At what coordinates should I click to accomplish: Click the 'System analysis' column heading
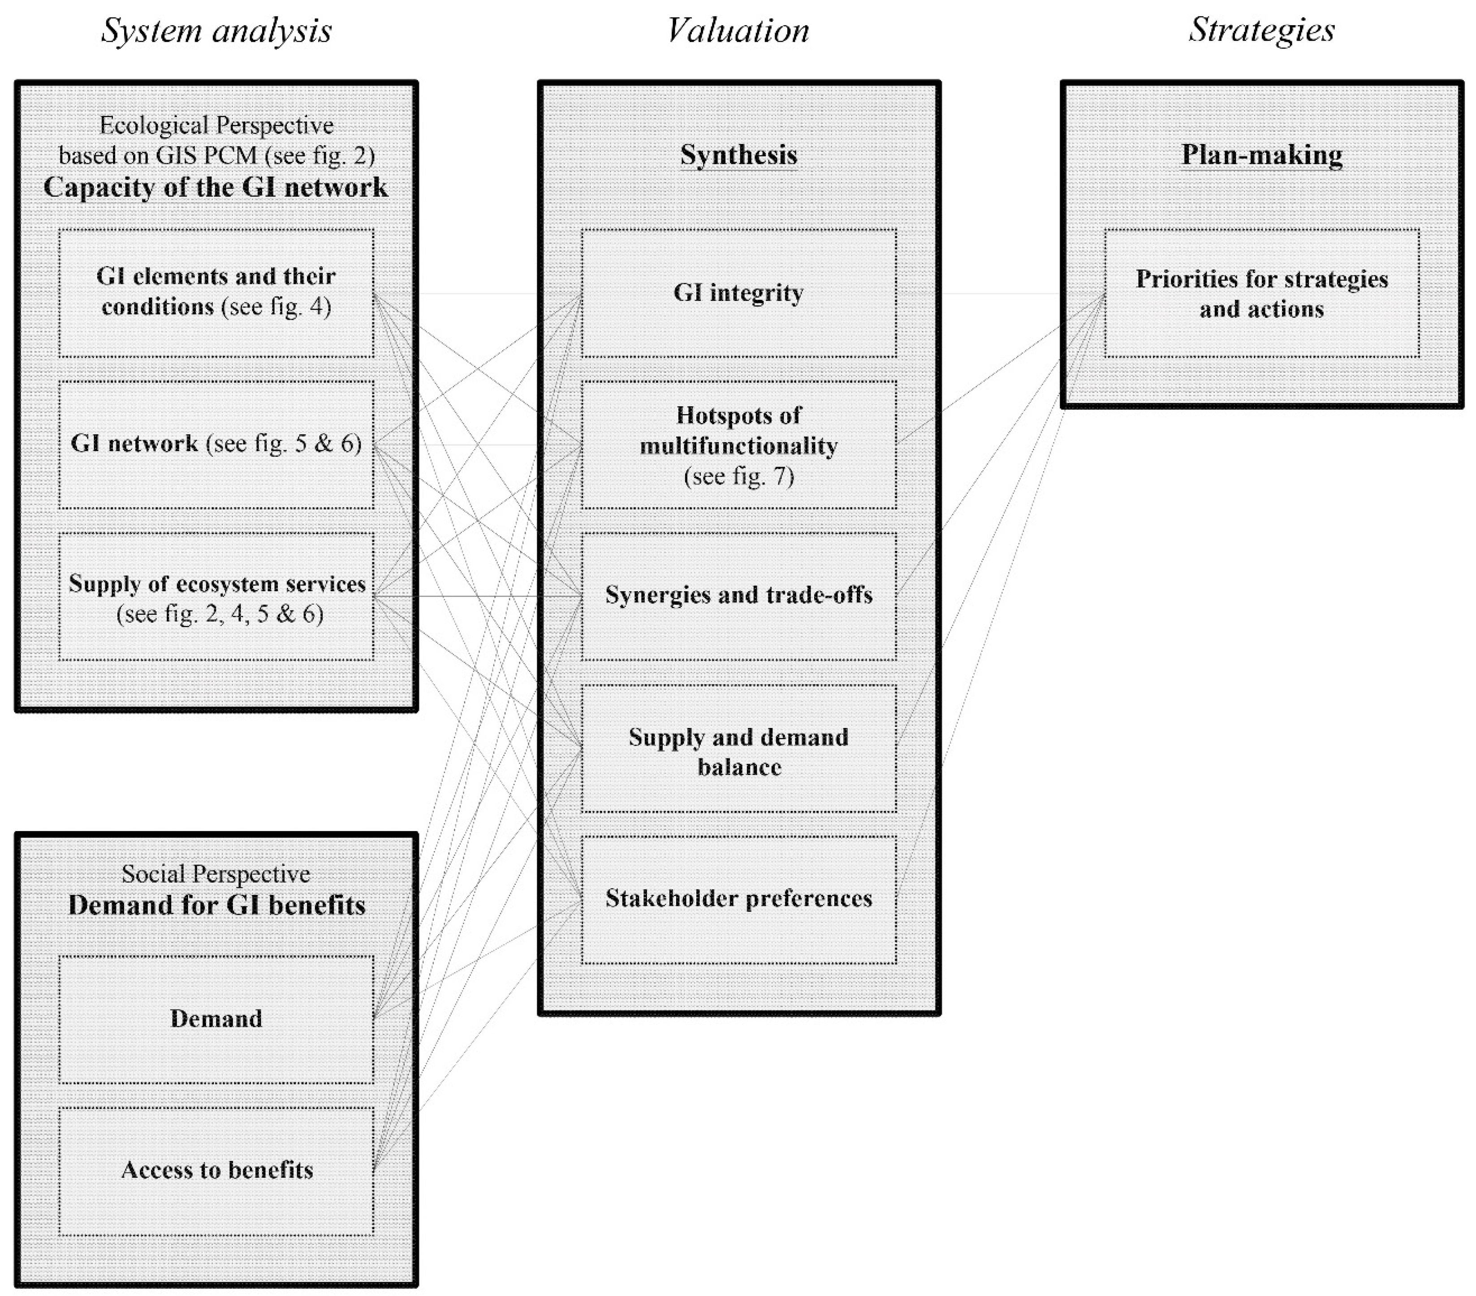216,30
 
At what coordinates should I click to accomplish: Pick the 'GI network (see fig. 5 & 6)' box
216,443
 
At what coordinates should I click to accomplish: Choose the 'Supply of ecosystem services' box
216,597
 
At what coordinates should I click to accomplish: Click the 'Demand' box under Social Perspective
216,1019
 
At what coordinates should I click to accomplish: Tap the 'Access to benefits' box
216,1170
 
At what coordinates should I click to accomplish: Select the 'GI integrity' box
738,293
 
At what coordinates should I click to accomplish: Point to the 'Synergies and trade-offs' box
738,595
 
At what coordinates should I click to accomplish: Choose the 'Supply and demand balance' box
738,751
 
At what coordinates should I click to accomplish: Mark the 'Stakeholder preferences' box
738,899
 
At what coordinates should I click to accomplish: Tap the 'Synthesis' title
738,155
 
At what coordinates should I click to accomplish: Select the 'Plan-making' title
1261,155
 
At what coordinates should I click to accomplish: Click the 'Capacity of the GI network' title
216,187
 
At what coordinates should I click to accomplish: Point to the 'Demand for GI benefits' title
216,905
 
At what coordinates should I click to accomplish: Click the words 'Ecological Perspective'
216,126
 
